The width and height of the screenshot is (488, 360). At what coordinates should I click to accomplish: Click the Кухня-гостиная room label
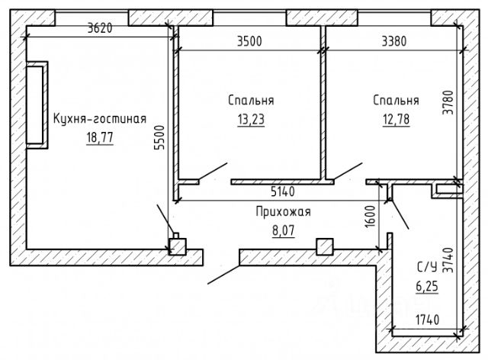(x=99, y=118)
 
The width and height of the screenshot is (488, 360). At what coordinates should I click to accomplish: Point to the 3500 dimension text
(x=249, y=40)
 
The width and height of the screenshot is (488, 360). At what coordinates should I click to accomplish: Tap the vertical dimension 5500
(x=160, y=140)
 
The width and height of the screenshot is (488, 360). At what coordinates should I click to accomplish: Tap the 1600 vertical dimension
(x=371, y=217)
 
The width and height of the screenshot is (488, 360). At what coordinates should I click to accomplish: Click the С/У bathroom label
(x=427, y=267)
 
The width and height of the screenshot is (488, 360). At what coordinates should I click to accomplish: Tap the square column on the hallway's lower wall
(x=324, y=246)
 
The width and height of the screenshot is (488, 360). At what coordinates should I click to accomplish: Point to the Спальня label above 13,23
(x=251, y=101)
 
